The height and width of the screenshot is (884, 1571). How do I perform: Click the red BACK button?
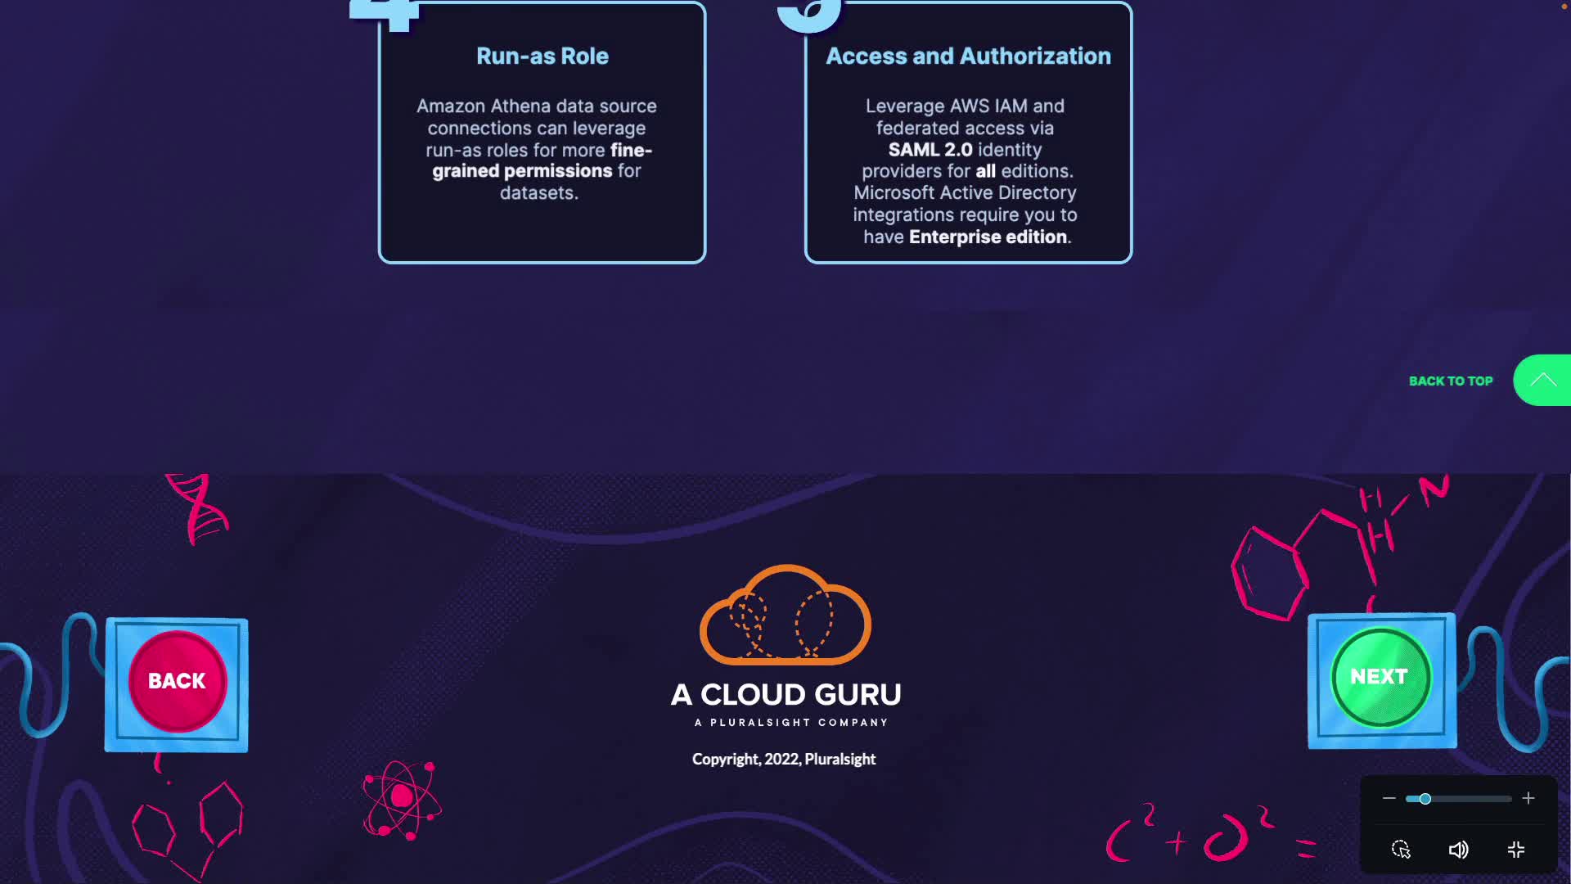tap(177, 681)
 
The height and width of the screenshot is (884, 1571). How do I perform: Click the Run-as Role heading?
tap(542, 56)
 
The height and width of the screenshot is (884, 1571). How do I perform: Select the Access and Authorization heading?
tap(968, 56)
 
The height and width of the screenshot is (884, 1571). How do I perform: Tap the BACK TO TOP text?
tap(1450, 381)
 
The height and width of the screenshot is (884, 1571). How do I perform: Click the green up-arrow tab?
tap(1543, 380)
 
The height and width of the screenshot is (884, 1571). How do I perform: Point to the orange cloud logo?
tap(785, 616)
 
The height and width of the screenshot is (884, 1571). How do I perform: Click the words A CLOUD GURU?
tap(785, 695)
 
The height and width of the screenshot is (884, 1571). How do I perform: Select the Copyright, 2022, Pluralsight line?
tap(784, 760)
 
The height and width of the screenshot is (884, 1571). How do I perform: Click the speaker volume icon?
tap(1458, 850)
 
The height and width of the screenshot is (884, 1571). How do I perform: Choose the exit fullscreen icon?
tap(1516, 850)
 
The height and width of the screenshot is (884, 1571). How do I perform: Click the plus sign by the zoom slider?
tap(1528, 798)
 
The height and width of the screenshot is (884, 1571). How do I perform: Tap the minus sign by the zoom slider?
tap(1389, 798)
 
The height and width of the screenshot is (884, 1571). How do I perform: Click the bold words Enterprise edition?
tap(988, 237)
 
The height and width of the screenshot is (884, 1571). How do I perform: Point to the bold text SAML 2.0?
tap(930, 150)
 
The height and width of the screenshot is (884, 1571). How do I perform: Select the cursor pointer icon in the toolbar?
tap(1401, 850)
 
